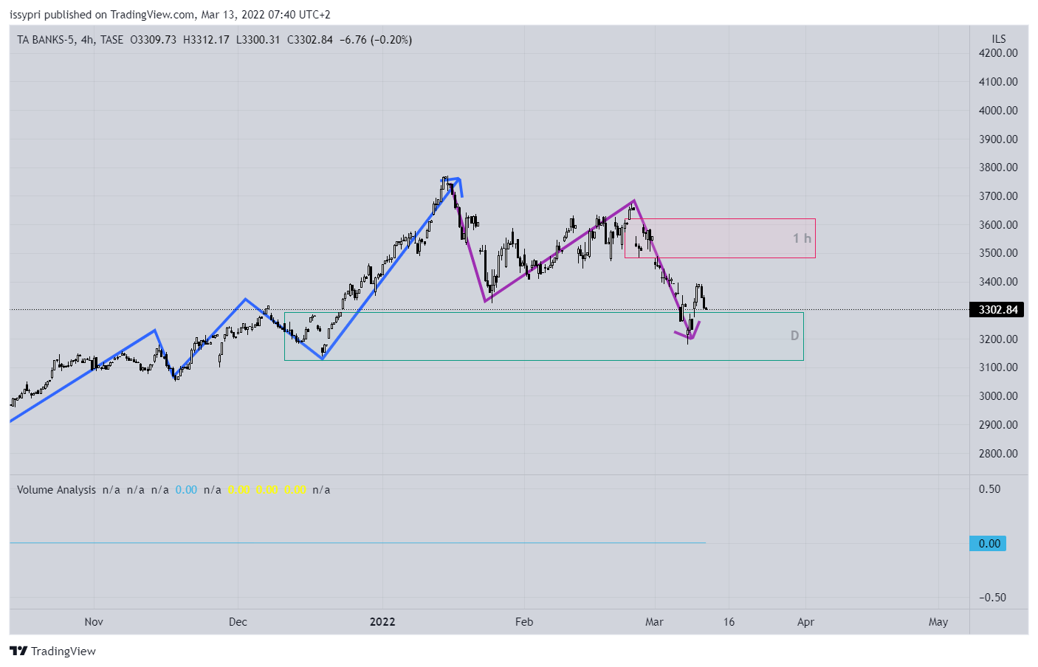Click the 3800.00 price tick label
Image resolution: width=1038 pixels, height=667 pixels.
997,167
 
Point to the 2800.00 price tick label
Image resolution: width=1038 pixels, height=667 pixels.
997,454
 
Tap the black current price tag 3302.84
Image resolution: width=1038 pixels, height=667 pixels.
997,310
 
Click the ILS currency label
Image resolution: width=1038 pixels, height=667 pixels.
998,39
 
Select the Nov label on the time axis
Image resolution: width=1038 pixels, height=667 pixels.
94,622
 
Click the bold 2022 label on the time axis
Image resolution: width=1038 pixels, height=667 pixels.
382,622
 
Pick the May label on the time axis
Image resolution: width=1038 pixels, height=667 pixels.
938,622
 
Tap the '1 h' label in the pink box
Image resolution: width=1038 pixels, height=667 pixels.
802,238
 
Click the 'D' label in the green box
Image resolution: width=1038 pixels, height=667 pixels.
794,336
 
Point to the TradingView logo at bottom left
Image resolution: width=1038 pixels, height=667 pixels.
53,651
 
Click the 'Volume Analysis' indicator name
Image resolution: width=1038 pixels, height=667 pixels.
56,490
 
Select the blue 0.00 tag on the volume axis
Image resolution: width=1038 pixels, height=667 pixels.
989,544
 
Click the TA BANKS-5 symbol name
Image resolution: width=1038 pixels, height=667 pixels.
46,40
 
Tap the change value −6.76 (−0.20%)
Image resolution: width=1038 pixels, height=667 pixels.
376,40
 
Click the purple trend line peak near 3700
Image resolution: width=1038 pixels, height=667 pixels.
633,201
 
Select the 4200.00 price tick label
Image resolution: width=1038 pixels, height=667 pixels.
997,53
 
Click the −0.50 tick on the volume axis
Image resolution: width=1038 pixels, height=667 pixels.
992,598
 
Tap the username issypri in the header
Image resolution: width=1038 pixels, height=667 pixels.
25,15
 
